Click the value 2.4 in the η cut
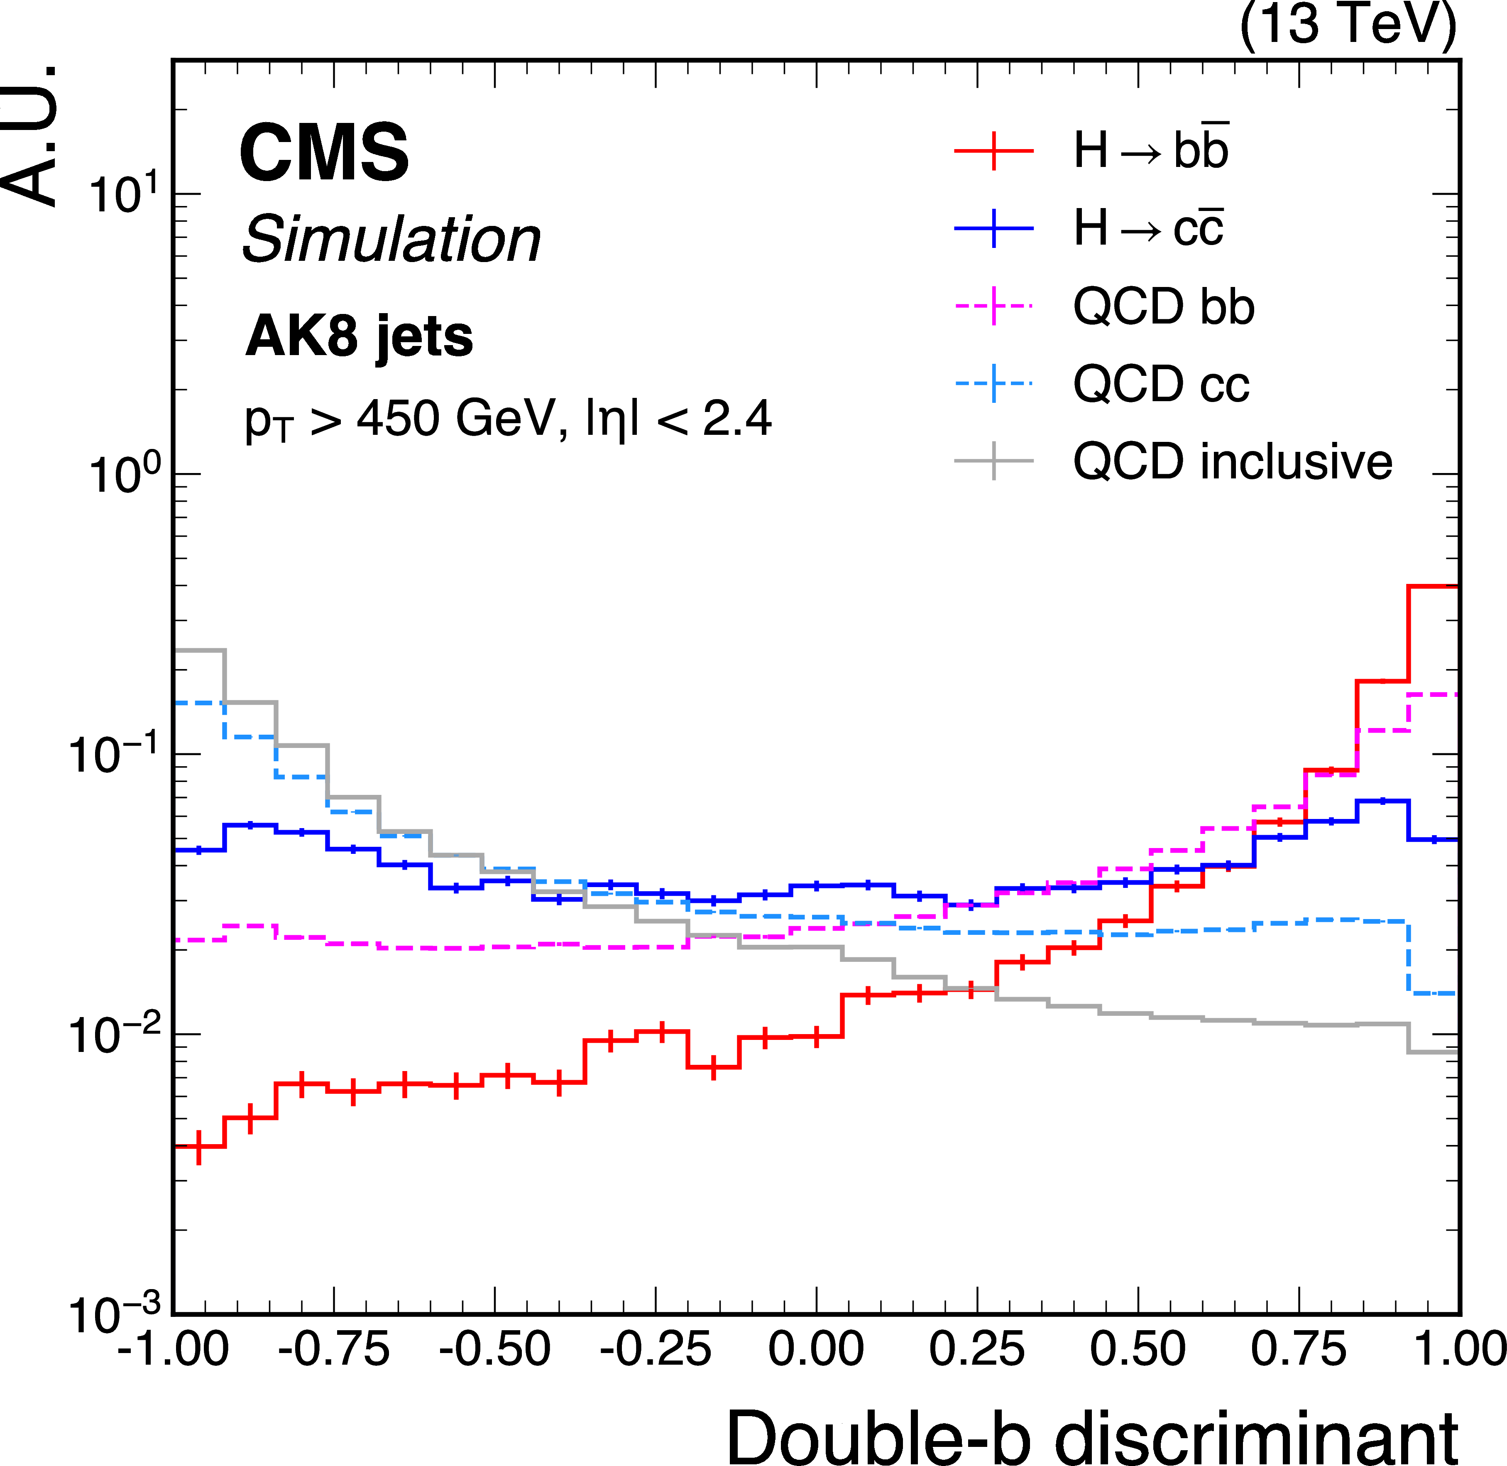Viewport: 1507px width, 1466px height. [736, 419]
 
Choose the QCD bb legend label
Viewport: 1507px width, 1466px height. [1163, 306]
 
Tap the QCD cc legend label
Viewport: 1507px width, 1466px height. [1161, 383]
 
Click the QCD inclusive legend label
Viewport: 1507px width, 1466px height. [1232, 462]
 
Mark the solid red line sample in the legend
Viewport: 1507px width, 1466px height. [993, 151]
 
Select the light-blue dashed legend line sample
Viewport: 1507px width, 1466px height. [993, 383]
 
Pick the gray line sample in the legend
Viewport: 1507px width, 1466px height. [993, 461]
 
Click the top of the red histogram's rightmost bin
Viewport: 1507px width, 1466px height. [1432, 587]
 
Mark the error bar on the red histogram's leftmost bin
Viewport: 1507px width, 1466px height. [199, 1147]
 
